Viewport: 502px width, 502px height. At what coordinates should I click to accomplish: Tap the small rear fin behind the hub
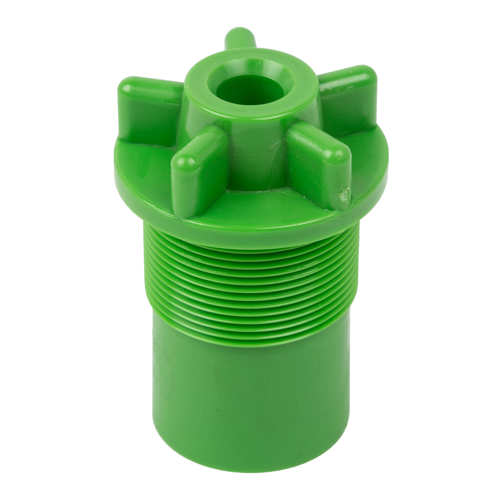[239, 40]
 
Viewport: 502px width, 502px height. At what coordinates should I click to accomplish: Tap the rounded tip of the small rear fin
[240, 32]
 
